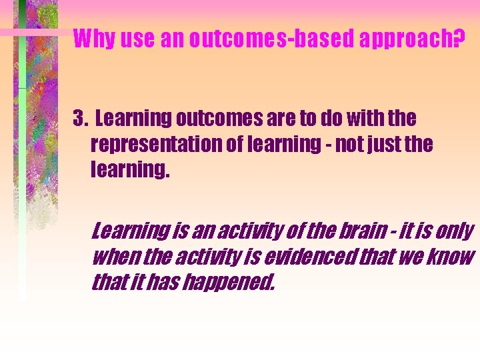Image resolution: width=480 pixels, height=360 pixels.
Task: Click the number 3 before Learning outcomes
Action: [x=79, y=119]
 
